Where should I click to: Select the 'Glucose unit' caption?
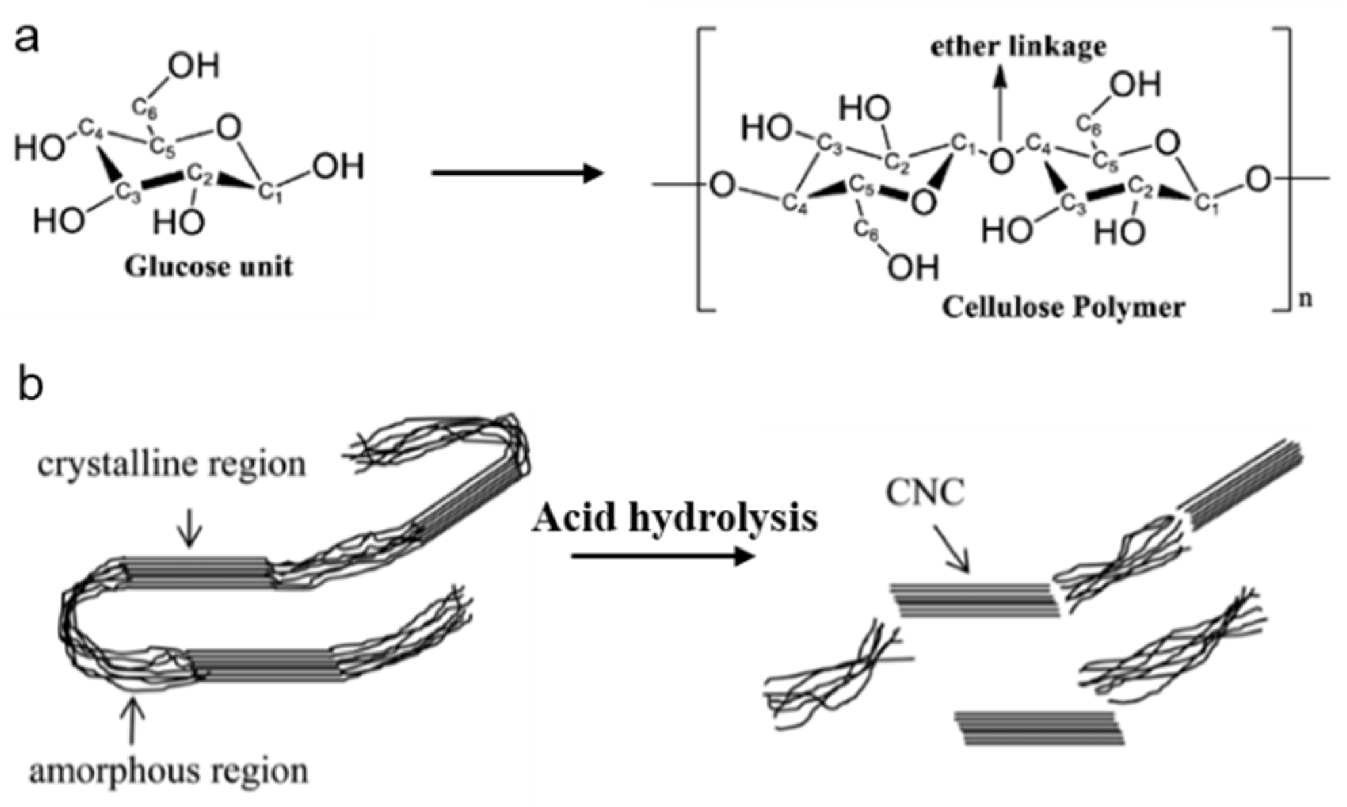pyautogui.click(x=208, y=267)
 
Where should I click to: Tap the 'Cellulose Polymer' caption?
pyautogui.click(x=1063, y=308)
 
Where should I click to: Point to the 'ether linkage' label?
pyautogui.click(x=1018, y=47)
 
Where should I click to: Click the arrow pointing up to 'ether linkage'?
pyautogui.click(x=1000, y=102)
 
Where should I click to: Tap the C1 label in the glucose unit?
pyautogui.click(x=270, y=192)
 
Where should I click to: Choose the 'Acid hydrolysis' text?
pyautogui.click(x=675, y=518)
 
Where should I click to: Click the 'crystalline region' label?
pyautogui.click(x=172, y=465)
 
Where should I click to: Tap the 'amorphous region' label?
pyautogui.click(x=169, y=771)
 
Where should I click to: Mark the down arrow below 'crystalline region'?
pyautogui.click(x=190, y=529)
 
